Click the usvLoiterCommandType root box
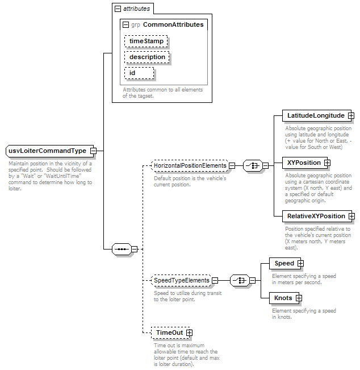tap(50, 151)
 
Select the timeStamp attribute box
tap(146, 41)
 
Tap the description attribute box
tap(147, 57)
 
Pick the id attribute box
tap(139, 73)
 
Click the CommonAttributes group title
tap(173, 24)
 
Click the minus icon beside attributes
tap(118, 9)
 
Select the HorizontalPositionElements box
tap(190, 165)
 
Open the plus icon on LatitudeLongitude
tap(351, 115)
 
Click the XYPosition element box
tap(305, 163)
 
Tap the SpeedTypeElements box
tap(181, 280)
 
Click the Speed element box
tap(285, 263)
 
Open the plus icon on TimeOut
tap(189, 332)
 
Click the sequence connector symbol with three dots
tap(122, 249)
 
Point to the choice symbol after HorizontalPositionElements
tap(253, 165)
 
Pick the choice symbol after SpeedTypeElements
tap(240, 280)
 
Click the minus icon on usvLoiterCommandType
tap(94, 151)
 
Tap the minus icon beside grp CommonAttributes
tap(126, 25)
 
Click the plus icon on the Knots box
tap(299, 298)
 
